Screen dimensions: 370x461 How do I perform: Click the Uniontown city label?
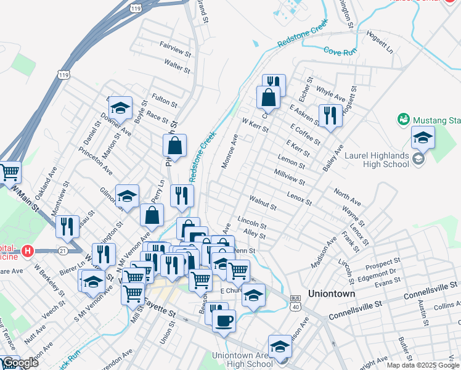pos(332,294)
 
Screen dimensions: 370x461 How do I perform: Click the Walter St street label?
pos(177,65)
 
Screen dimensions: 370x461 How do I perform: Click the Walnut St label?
pos(263,202)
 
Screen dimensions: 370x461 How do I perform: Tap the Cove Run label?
pos(341,52)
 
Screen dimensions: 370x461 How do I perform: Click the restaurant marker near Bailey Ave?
pos(330,115)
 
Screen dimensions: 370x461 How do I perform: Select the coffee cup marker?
pos(224,319)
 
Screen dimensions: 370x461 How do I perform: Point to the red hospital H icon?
pos(27,251)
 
